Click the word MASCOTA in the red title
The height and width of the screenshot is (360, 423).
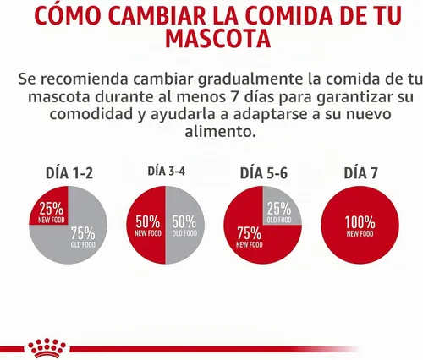[217, 39]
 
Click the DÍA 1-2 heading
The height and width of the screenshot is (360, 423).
[69, 172]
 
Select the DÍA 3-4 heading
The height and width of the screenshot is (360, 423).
[167, 171]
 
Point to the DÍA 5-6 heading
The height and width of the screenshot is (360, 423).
[264, 172]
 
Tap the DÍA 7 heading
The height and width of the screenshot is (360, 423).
[360, 172]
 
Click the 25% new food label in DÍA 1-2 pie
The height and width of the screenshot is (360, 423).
[52, 213]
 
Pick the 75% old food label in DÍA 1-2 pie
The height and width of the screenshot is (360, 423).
[83, 237]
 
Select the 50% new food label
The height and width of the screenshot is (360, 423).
[148, 226]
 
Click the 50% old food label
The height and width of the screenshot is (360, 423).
[184, 226]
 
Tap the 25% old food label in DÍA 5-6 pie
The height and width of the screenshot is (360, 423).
[279, 213]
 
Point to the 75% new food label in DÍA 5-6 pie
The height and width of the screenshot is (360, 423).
[250, 237]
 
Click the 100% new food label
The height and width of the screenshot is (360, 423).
[360, 226]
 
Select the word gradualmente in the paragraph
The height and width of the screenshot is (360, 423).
[250, 79]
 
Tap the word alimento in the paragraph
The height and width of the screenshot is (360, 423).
[221, 131]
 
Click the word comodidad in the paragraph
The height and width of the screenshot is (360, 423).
[91, 114]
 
